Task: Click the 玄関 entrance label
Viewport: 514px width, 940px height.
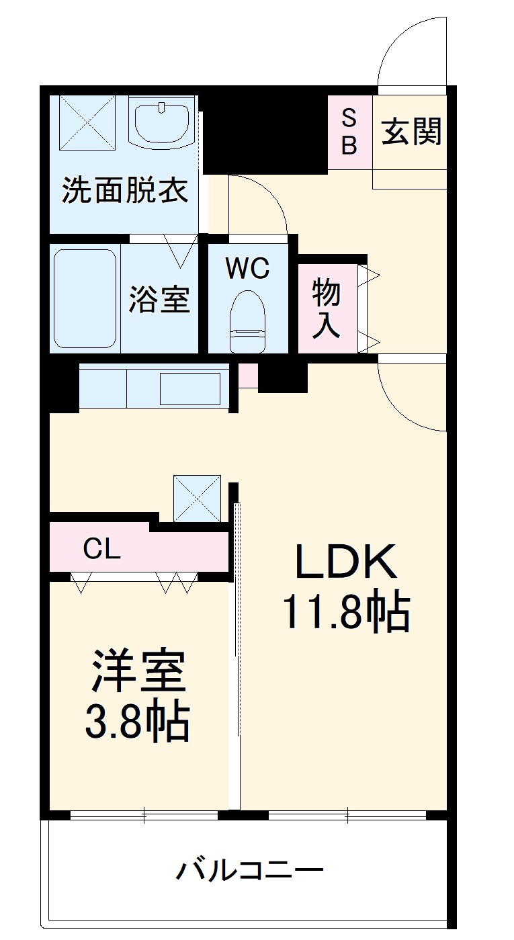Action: [x=412, y=132]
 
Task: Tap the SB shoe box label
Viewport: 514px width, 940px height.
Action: [x=349, y=132]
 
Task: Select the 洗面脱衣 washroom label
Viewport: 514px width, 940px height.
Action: [x=125, y=191]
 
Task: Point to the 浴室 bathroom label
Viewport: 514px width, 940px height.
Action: [x=159, y=299]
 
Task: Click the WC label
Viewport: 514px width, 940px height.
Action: [x=247, y=269]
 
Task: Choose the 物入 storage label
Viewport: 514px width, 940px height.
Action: [x=327, y=309]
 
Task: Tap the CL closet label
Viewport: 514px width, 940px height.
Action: [x=101, y=550]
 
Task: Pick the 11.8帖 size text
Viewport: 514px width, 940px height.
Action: [x=346, y=611]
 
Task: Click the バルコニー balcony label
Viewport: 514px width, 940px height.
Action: [x=250, y=871]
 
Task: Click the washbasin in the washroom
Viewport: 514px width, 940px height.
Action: [x=161, y=123]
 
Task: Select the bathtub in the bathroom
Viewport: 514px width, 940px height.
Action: [x=85, y=299]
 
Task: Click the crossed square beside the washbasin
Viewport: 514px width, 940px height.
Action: [x=88, y=122]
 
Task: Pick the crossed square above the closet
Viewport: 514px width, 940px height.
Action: [x=197, y=499]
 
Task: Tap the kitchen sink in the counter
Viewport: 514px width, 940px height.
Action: [x=190, y=389]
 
